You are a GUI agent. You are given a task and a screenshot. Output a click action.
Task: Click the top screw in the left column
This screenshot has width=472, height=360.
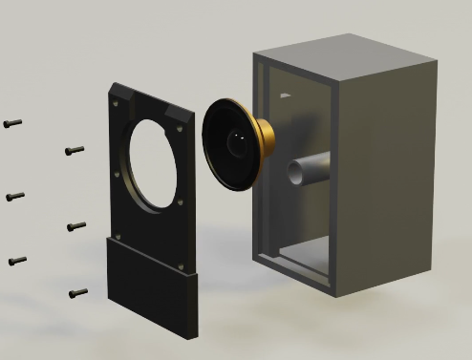click(12, 123)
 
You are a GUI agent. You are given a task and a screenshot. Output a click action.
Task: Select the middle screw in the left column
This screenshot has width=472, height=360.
click(14, 197)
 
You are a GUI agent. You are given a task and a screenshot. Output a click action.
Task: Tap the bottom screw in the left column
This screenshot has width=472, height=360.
click(16, 260)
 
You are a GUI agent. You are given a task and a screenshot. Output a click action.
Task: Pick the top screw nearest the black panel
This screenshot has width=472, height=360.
click(75, 150)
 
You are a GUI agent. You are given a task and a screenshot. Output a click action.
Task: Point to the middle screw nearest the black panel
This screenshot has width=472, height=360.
click(76, 226)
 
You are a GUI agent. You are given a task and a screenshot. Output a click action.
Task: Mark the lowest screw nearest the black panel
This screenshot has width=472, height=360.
click(78, 292)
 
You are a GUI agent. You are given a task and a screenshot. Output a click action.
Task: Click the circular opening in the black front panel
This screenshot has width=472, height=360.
click(154, 161)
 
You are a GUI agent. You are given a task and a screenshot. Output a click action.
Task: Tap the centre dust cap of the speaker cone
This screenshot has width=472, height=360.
click(235, 144)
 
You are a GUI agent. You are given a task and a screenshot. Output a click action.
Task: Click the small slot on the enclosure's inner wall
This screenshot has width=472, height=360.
click(286, 96)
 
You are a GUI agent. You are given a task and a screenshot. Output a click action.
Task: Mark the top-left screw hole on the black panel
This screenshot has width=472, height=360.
click(117, 100)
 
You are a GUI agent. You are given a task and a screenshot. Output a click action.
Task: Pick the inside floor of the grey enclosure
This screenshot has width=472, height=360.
click(296, 256)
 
